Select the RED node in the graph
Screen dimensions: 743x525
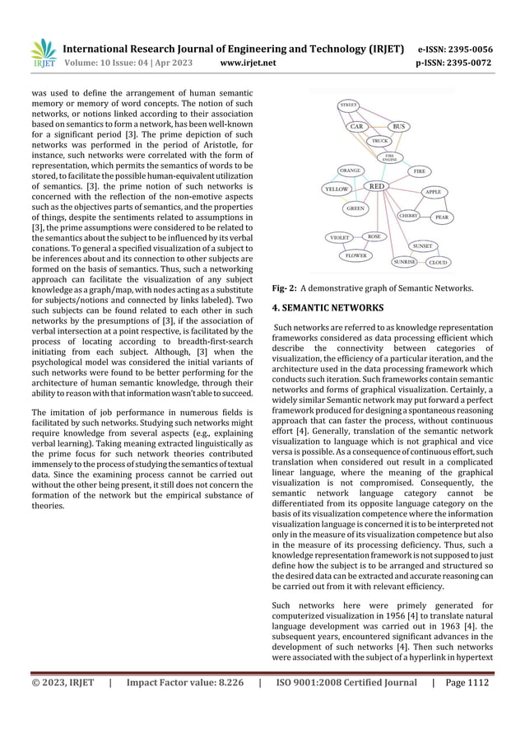point(377,187)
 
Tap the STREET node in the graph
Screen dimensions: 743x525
point(349,105)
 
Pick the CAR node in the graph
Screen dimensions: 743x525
point(356,127)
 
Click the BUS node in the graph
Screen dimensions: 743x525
point(399,127)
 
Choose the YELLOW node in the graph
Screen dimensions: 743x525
point(337,189)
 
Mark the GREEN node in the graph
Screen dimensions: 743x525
point(355,208)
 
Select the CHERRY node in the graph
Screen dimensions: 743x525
point(409,215)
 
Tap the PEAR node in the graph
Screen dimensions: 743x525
point(442,217)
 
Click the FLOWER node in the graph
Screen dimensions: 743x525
point(356,255)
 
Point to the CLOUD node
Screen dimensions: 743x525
point(438,263)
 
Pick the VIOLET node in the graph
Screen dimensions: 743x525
point(340,237)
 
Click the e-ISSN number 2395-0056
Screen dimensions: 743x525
point(471,49)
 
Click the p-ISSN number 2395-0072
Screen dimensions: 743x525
point(471,61)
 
